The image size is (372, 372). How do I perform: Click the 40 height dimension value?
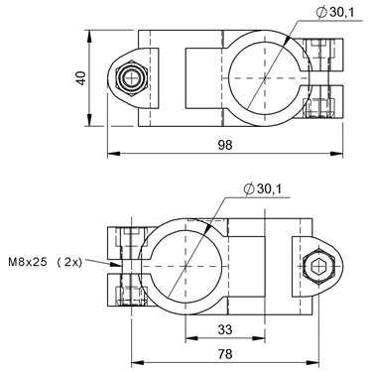click(81, 78)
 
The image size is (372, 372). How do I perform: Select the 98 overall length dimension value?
click(225, 145)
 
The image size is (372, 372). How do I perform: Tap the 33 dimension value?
click(225, 329)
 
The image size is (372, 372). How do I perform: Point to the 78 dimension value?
click(225, 354)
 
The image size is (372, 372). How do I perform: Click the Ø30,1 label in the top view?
click(335, 13)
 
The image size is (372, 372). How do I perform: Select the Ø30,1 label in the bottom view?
click(262, 189)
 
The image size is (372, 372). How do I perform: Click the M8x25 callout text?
click(28, 263)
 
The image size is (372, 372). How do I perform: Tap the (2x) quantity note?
click(69, 263)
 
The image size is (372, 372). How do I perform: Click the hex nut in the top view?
click(132, 78)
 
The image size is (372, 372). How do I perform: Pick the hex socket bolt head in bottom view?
click(319, 266)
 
